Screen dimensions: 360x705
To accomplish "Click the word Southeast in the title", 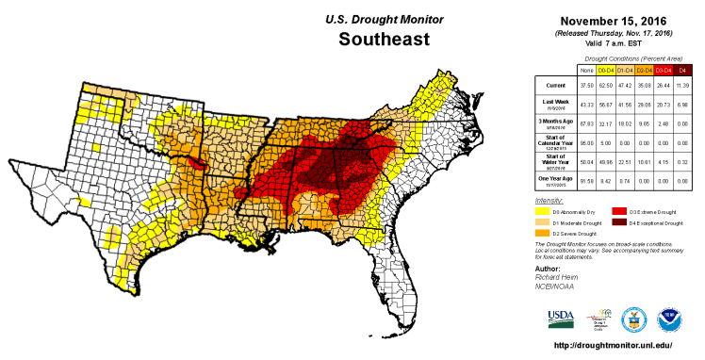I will pos(384,40).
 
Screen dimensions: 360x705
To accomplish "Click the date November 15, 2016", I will pos(612,21).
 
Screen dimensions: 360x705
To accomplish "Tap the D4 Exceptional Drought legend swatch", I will pos(620,222).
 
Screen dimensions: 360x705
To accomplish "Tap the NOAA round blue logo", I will pos(670,317).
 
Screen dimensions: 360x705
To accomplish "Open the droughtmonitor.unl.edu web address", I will pos(613,345).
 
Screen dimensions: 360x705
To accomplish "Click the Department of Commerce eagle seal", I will pos(634,317).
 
